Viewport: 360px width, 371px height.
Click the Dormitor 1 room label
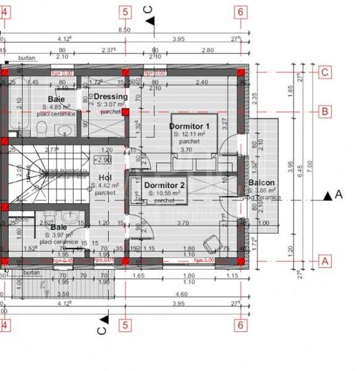pos(189,126)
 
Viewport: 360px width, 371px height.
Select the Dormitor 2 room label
pos(165,186)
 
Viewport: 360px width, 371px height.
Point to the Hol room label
pos(105,177)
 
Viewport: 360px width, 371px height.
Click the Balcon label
pos(261,183)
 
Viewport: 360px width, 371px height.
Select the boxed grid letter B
pos(324,111)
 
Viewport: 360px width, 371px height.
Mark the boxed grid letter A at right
pos(324,260)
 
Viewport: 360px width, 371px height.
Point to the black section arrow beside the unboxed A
pos(327,196)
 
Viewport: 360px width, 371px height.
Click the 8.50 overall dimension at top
pos(124,30)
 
